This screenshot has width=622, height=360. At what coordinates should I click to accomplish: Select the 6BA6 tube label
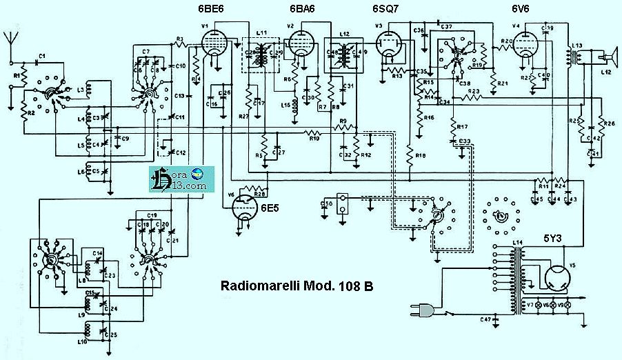pyautogui.click(x=302, y=9)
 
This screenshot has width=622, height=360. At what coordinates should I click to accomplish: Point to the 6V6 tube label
pyautogui.click(x=522, y=9)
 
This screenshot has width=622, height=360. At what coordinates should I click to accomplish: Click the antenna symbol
pyautogui.click(x=10, y=38)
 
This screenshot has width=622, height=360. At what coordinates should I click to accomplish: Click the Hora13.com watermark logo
pyautogui.click(x=179, y=181)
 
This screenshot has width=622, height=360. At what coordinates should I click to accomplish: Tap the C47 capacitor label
pyautogui.click(x=485, y=320)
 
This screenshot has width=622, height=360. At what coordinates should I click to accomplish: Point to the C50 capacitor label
pyautogui.click(x=327, y=203)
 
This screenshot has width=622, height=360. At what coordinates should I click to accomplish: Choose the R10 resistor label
pyautogui.click(x=314, y=139)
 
